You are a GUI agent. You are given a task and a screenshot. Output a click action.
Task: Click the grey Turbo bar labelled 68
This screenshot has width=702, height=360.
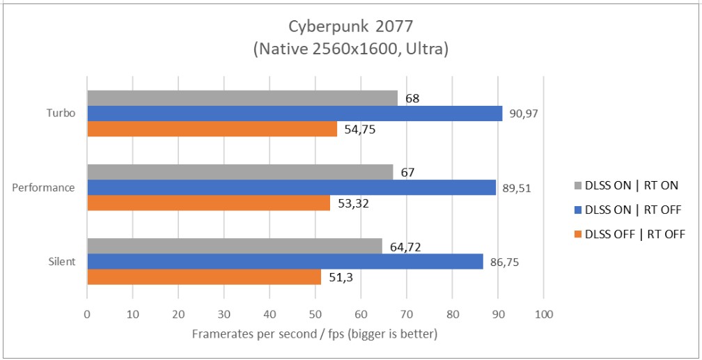(242, 98)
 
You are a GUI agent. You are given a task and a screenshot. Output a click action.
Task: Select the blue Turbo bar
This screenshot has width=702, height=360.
(295, 114)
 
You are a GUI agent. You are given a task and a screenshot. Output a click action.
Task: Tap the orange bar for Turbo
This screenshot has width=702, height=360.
(212, 129)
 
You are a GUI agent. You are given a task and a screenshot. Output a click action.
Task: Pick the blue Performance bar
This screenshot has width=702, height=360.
(291, 187)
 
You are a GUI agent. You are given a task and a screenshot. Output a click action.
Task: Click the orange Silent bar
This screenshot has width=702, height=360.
(204, 276)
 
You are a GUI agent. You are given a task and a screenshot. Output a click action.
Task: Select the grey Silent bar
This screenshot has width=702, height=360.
(235, 246)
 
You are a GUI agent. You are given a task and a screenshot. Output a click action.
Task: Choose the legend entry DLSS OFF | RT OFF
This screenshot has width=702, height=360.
(630, 234)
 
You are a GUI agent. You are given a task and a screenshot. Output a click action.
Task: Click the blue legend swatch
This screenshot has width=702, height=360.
(577, 210)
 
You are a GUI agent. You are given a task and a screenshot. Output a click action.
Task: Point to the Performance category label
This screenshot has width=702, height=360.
(43, 187)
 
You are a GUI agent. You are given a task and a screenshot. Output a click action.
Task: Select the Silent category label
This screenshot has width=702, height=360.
(61, 262)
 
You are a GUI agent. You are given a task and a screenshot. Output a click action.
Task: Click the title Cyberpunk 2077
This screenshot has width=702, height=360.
(350, 27)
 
